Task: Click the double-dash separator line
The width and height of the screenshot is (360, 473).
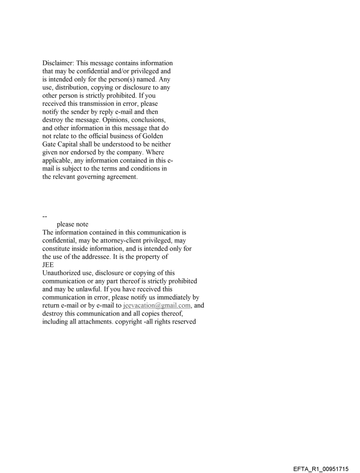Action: click(x=45, y=216)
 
